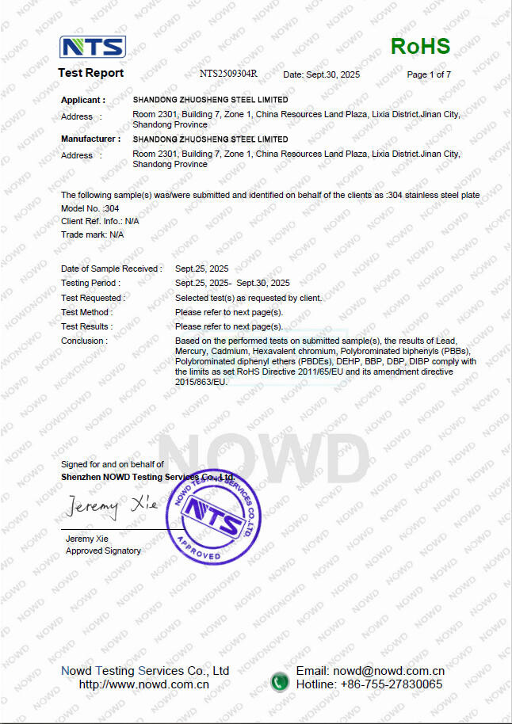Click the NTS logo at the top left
pyautogui.click(x=93, y=47)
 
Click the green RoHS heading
pyautogui.click(x=420, y=47)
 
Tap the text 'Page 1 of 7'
pyautogui.click(x=429, y=74)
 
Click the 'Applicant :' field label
pyautogui.click(x=83, y=101)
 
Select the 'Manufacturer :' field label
pyautogui.click(x=91, y=139)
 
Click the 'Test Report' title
pyautogui.click(x=90, y=73)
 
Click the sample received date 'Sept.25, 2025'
pyautogui.click(x=201, y=269)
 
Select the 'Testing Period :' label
pyautogui.click(x=90, y=283)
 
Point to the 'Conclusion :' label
pyautogui.click(x=84, y=341)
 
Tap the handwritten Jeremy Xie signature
pyautogui.click(x=112, y=505)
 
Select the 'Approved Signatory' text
pyautogui.click(x=103, y=551)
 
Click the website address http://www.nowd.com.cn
pyautogui.click(x=144, y=684)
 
